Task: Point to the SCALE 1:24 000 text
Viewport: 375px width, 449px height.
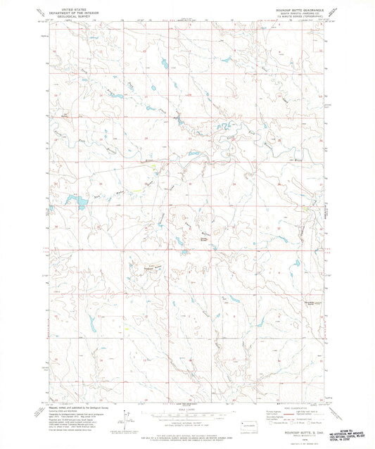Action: pyautogui.click(x=186, y=410)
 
